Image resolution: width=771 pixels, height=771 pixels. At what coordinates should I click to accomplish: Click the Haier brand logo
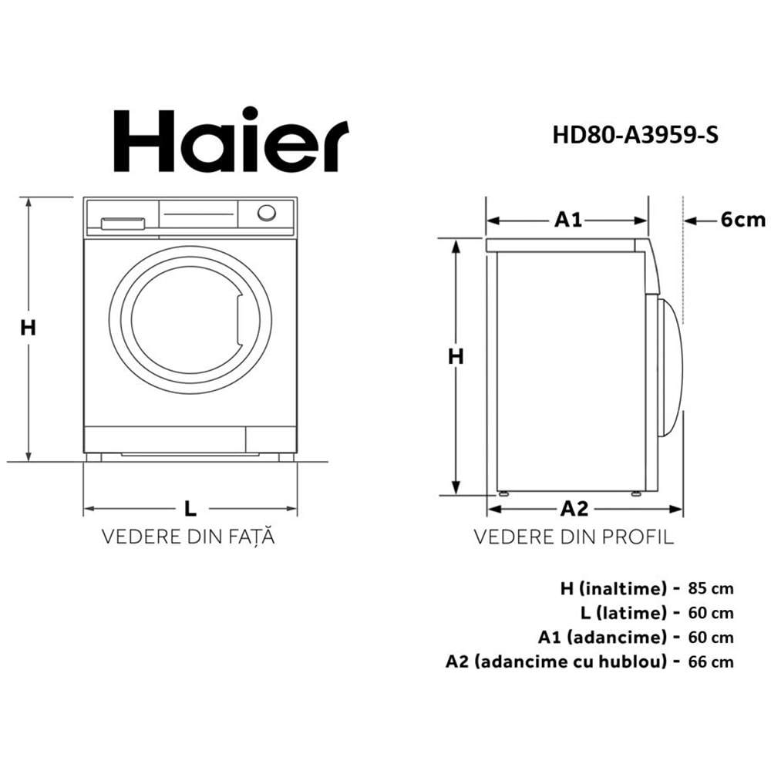[221, 142]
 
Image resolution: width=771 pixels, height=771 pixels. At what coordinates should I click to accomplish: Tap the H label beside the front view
[29, 328]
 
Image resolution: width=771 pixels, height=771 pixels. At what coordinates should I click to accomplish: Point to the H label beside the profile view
[456, 356]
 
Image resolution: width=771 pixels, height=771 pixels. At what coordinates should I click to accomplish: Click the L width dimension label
[190, 508]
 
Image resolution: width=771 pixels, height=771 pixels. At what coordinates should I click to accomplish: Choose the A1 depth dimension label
[568, 221]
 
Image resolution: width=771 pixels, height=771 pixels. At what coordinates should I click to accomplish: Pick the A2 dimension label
[574, 509]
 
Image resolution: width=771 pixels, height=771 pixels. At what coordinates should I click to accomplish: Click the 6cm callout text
[743, 221]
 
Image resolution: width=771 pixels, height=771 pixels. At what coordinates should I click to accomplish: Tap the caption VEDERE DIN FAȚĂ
[189, 537]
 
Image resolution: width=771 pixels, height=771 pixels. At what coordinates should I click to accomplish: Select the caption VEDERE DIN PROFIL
[574, 537]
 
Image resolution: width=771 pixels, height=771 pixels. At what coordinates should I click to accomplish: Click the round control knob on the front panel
[266, 214]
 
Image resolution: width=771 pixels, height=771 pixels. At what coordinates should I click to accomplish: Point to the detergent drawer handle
[123, 224]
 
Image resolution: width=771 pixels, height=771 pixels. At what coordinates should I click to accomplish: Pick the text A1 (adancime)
[602, 638]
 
